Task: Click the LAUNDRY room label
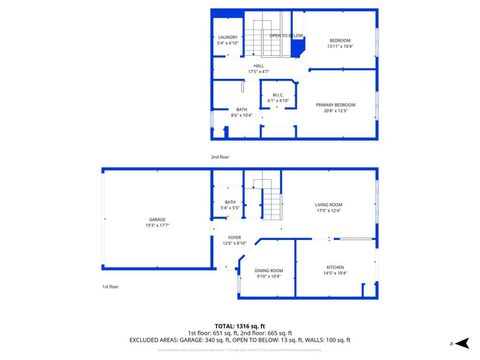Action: click(x=228, y=37)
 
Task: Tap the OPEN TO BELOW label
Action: click(x=286, y=36)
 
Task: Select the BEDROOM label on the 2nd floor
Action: click(x=340, y=40)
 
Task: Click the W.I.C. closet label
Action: click(x=277, y=95)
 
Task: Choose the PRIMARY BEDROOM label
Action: click(x=336, y=104)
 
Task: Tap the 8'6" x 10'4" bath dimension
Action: click(x=242, y=116)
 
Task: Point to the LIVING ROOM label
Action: click(x=328, y=205)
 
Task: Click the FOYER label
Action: click(x=234, y=237)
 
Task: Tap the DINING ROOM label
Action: click(x=269, y=271)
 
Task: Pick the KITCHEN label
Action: click(x=334, y=267)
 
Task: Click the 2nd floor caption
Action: click(x=220, y=158)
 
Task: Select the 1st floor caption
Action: click(x=110, y=287)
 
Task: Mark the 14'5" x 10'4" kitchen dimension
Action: click(x=334, y=273)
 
